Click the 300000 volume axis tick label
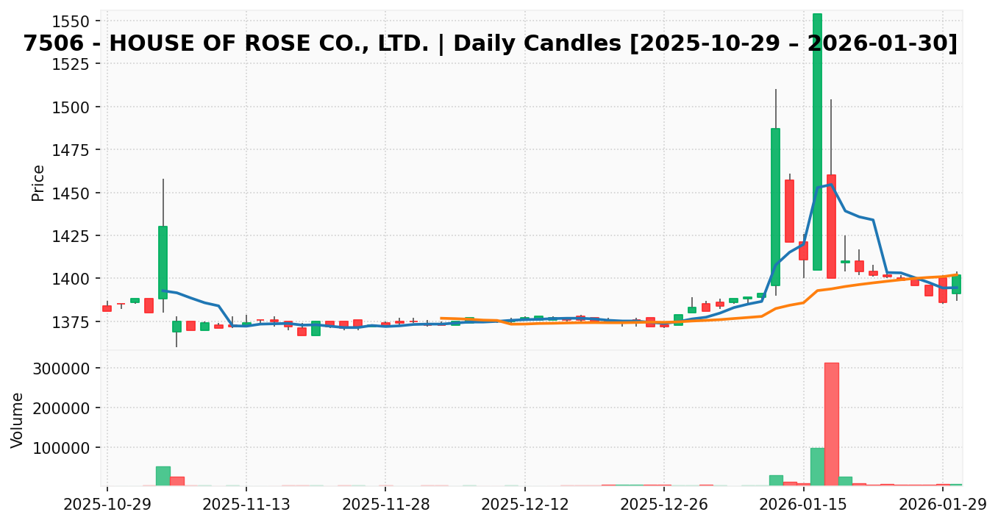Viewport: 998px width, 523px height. coord(72,368)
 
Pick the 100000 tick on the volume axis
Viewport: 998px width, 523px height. coord(72,447)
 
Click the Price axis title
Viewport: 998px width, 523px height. coord(38,182)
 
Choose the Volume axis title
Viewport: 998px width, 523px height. coord(18,419)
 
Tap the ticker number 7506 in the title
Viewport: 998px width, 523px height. coord(51,44)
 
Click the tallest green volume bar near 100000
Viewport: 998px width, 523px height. coord(817,466)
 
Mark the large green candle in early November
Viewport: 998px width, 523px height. coord(163,262)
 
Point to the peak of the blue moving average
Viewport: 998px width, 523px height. coord(830,185)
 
